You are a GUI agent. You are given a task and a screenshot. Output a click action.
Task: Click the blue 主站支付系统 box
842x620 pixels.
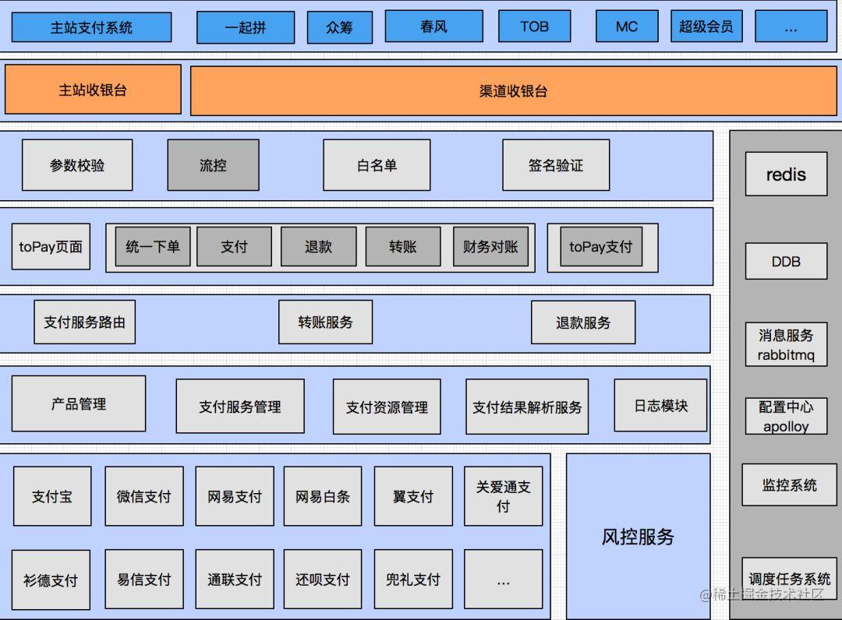coord(91,27)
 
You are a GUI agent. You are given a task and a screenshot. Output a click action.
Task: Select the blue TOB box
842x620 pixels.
coord(534,26)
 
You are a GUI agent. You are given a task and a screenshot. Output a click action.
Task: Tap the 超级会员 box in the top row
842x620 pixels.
coord(706,26)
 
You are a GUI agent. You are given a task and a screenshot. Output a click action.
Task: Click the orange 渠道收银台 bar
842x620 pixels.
coord(513,90)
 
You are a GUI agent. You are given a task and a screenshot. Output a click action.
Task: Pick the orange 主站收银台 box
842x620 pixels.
coord(93,90)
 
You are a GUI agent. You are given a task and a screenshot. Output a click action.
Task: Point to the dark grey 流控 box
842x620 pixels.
coord(213,165)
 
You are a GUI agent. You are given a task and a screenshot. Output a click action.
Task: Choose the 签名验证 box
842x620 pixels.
coord(555,165)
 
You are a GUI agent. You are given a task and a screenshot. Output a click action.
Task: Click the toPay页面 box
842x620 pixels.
coord(51,247)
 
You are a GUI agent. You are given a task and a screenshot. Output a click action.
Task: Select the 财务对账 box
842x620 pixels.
coord(490,247)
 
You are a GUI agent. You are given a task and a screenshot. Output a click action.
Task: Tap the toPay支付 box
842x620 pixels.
coord(601,247)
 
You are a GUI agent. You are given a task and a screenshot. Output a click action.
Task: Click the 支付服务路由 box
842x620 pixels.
coord(84,322)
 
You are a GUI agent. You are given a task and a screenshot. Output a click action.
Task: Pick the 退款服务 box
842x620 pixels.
coord(583,322)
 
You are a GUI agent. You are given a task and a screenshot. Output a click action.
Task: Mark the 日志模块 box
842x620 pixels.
coord(661,405)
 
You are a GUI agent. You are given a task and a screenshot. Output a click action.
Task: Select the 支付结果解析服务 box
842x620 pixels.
coord(527,407)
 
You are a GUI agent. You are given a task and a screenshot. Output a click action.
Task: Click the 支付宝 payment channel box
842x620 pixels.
coord(52,496)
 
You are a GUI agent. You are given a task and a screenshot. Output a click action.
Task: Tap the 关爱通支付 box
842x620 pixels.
coord(503,496)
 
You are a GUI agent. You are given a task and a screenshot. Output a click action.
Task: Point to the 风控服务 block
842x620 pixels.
coord(638,536)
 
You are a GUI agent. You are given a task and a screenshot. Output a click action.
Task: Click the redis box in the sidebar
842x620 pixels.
coord(786,174)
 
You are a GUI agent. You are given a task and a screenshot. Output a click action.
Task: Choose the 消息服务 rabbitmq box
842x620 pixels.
coord(786,344)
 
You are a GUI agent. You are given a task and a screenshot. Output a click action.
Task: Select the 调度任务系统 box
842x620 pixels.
coord(789,579)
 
